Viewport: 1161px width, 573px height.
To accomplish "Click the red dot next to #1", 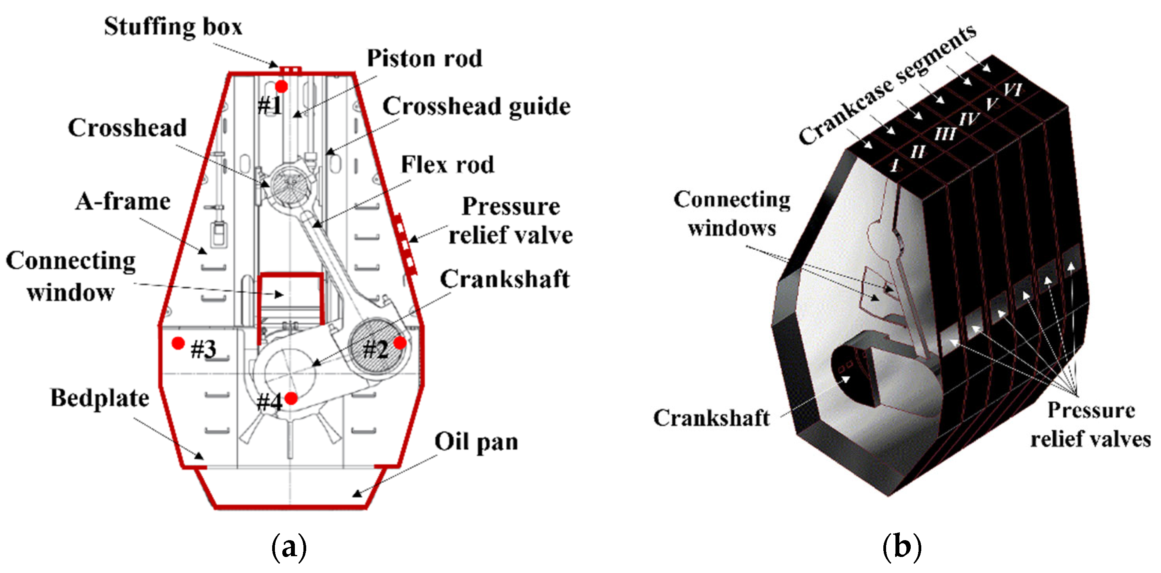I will click(x=282, y=86).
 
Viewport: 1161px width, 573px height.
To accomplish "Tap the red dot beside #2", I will click(x=400, y=343).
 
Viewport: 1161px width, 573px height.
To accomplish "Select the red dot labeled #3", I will click(x=178, y=343).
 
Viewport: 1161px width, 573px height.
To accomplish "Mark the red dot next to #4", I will click(x=291, y=398).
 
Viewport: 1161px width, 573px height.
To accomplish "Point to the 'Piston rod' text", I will click(x=425, y=58).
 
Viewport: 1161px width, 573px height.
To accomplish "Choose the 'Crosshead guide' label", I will click(x=476, y=106).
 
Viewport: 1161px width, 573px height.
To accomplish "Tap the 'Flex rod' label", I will click(x=447, y=165).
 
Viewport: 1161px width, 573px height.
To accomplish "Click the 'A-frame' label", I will click(x=123, y=201).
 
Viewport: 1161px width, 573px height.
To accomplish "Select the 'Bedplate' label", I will click(x=100, y=398).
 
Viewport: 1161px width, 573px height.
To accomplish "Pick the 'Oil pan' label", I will click(x=476, y=441).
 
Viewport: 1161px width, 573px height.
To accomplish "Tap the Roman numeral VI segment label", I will click(x=1012, y=89).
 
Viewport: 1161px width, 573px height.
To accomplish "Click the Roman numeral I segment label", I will click(x=895, y=165).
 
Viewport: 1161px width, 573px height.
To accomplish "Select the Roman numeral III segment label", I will click(x=945, y=134).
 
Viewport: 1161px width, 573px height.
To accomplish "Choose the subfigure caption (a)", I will click(x=289, y=546).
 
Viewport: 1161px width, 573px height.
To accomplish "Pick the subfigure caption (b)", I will click(x=901, y=546).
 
